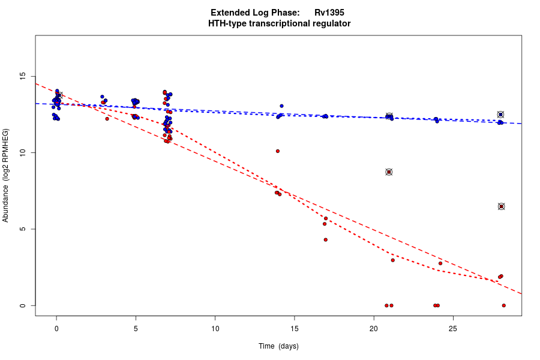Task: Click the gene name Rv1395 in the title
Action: [329, 13]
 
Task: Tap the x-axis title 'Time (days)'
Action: [278, 346]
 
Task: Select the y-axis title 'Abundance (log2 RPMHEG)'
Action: [6, 175]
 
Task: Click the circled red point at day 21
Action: [389, 172]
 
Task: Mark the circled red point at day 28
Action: [501, 206]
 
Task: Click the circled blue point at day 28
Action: [500, 115]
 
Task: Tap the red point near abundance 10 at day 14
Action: [278, 151]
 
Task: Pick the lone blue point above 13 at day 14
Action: [281, 106]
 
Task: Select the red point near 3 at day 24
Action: [440, 263]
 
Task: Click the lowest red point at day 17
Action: [326, 239]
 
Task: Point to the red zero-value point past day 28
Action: [504, 305]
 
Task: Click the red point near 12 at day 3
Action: [107, 119]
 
